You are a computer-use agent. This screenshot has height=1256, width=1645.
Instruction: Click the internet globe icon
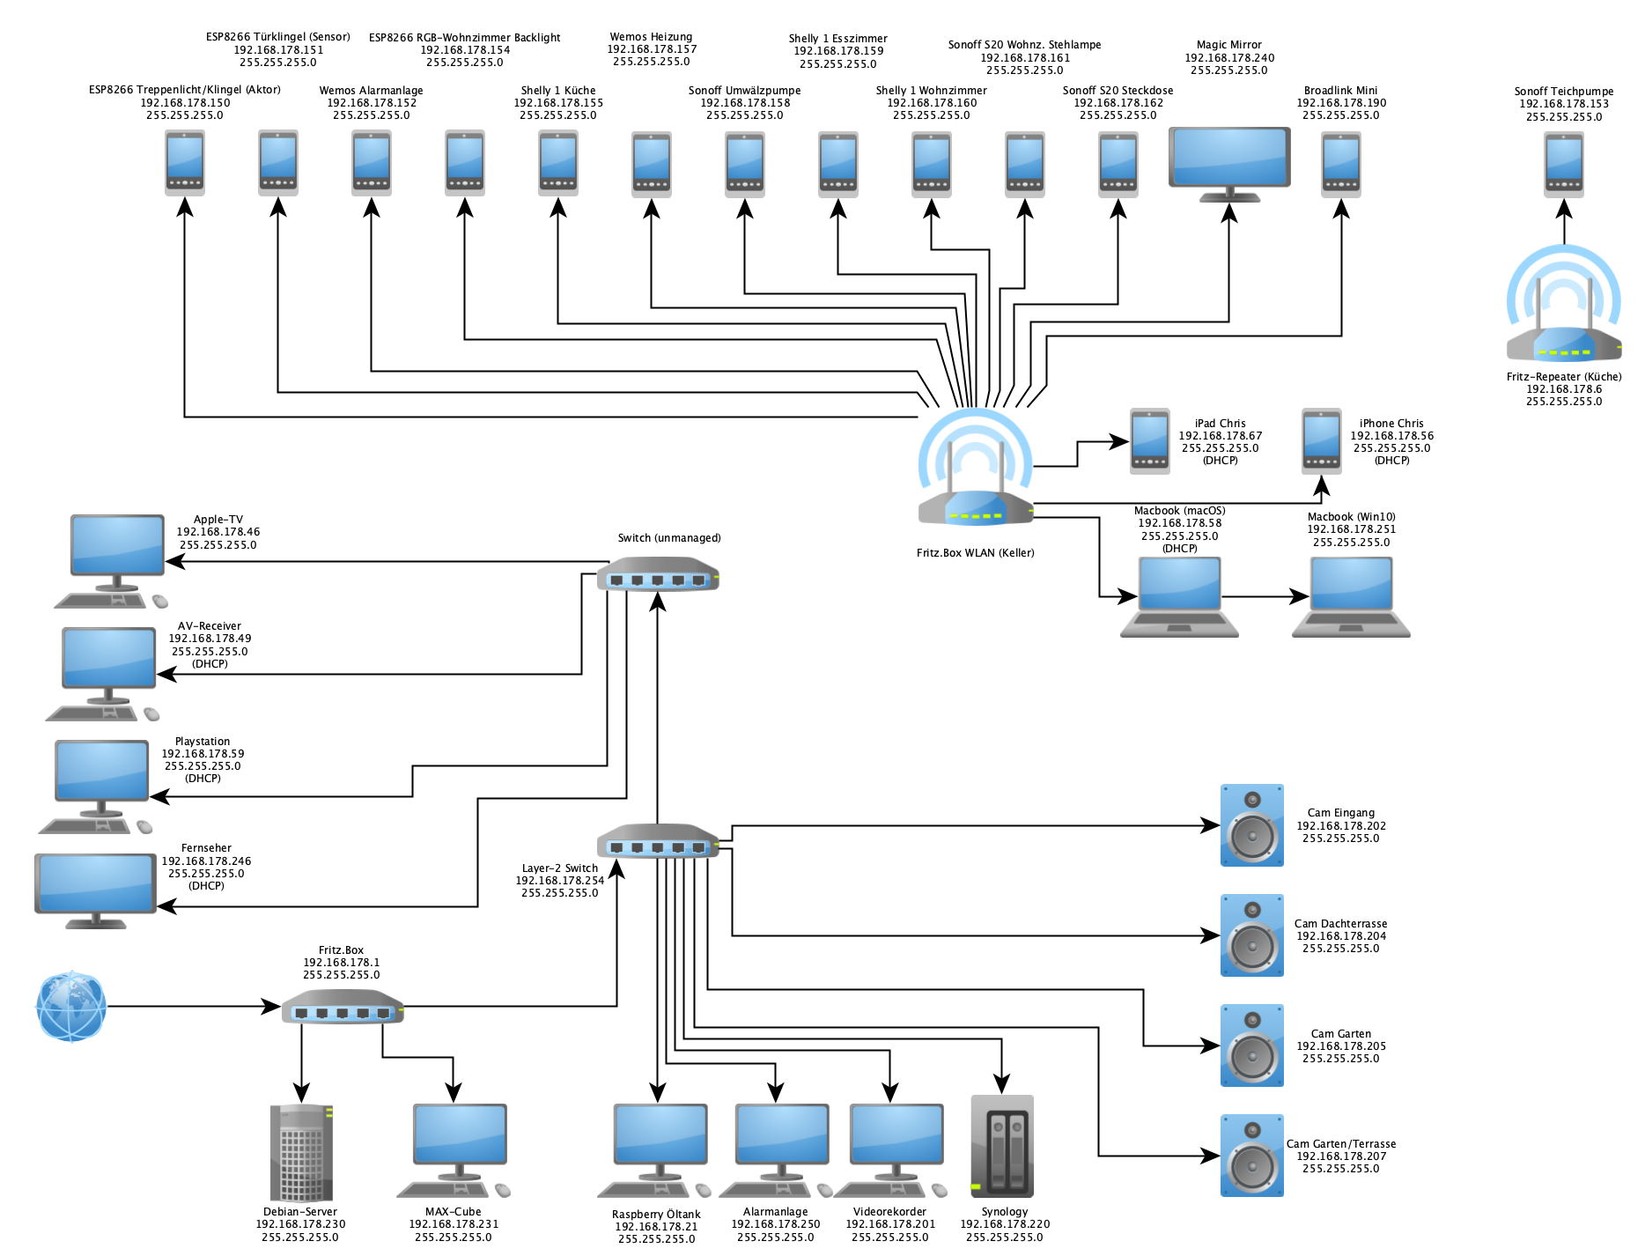(71, 1006)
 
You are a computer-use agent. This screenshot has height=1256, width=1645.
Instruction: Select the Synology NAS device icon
(1002, 1145)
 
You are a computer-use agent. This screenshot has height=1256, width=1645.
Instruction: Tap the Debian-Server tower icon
(301, 1152)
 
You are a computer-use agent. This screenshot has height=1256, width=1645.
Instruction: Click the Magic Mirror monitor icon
(1229, 164)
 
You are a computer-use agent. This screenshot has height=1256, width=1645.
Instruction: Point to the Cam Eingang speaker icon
(1251, 825)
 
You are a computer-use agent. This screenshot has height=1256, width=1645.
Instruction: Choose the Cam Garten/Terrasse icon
(1251, 1156)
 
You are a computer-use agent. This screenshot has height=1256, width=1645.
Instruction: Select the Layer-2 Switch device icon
(658, 842)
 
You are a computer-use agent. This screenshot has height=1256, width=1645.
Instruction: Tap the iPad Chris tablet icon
(1150, 440)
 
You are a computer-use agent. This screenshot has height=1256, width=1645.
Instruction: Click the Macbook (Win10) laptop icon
(1351, 597)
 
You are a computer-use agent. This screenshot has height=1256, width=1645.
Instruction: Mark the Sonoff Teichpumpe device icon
(1564, 164)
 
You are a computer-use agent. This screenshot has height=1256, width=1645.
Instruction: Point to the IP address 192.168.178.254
(560, 881)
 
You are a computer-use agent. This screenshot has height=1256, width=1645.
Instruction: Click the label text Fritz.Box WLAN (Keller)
(975, 553)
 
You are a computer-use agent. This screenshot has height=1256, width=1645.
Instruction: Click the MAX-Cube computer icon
(458, 1149)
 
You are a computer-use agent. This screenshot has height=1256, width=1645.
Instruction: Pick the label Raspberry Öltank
(656, 1214)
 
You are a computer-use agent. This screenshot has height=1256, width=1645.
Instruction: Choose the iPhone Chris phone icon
(1322, 440)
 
